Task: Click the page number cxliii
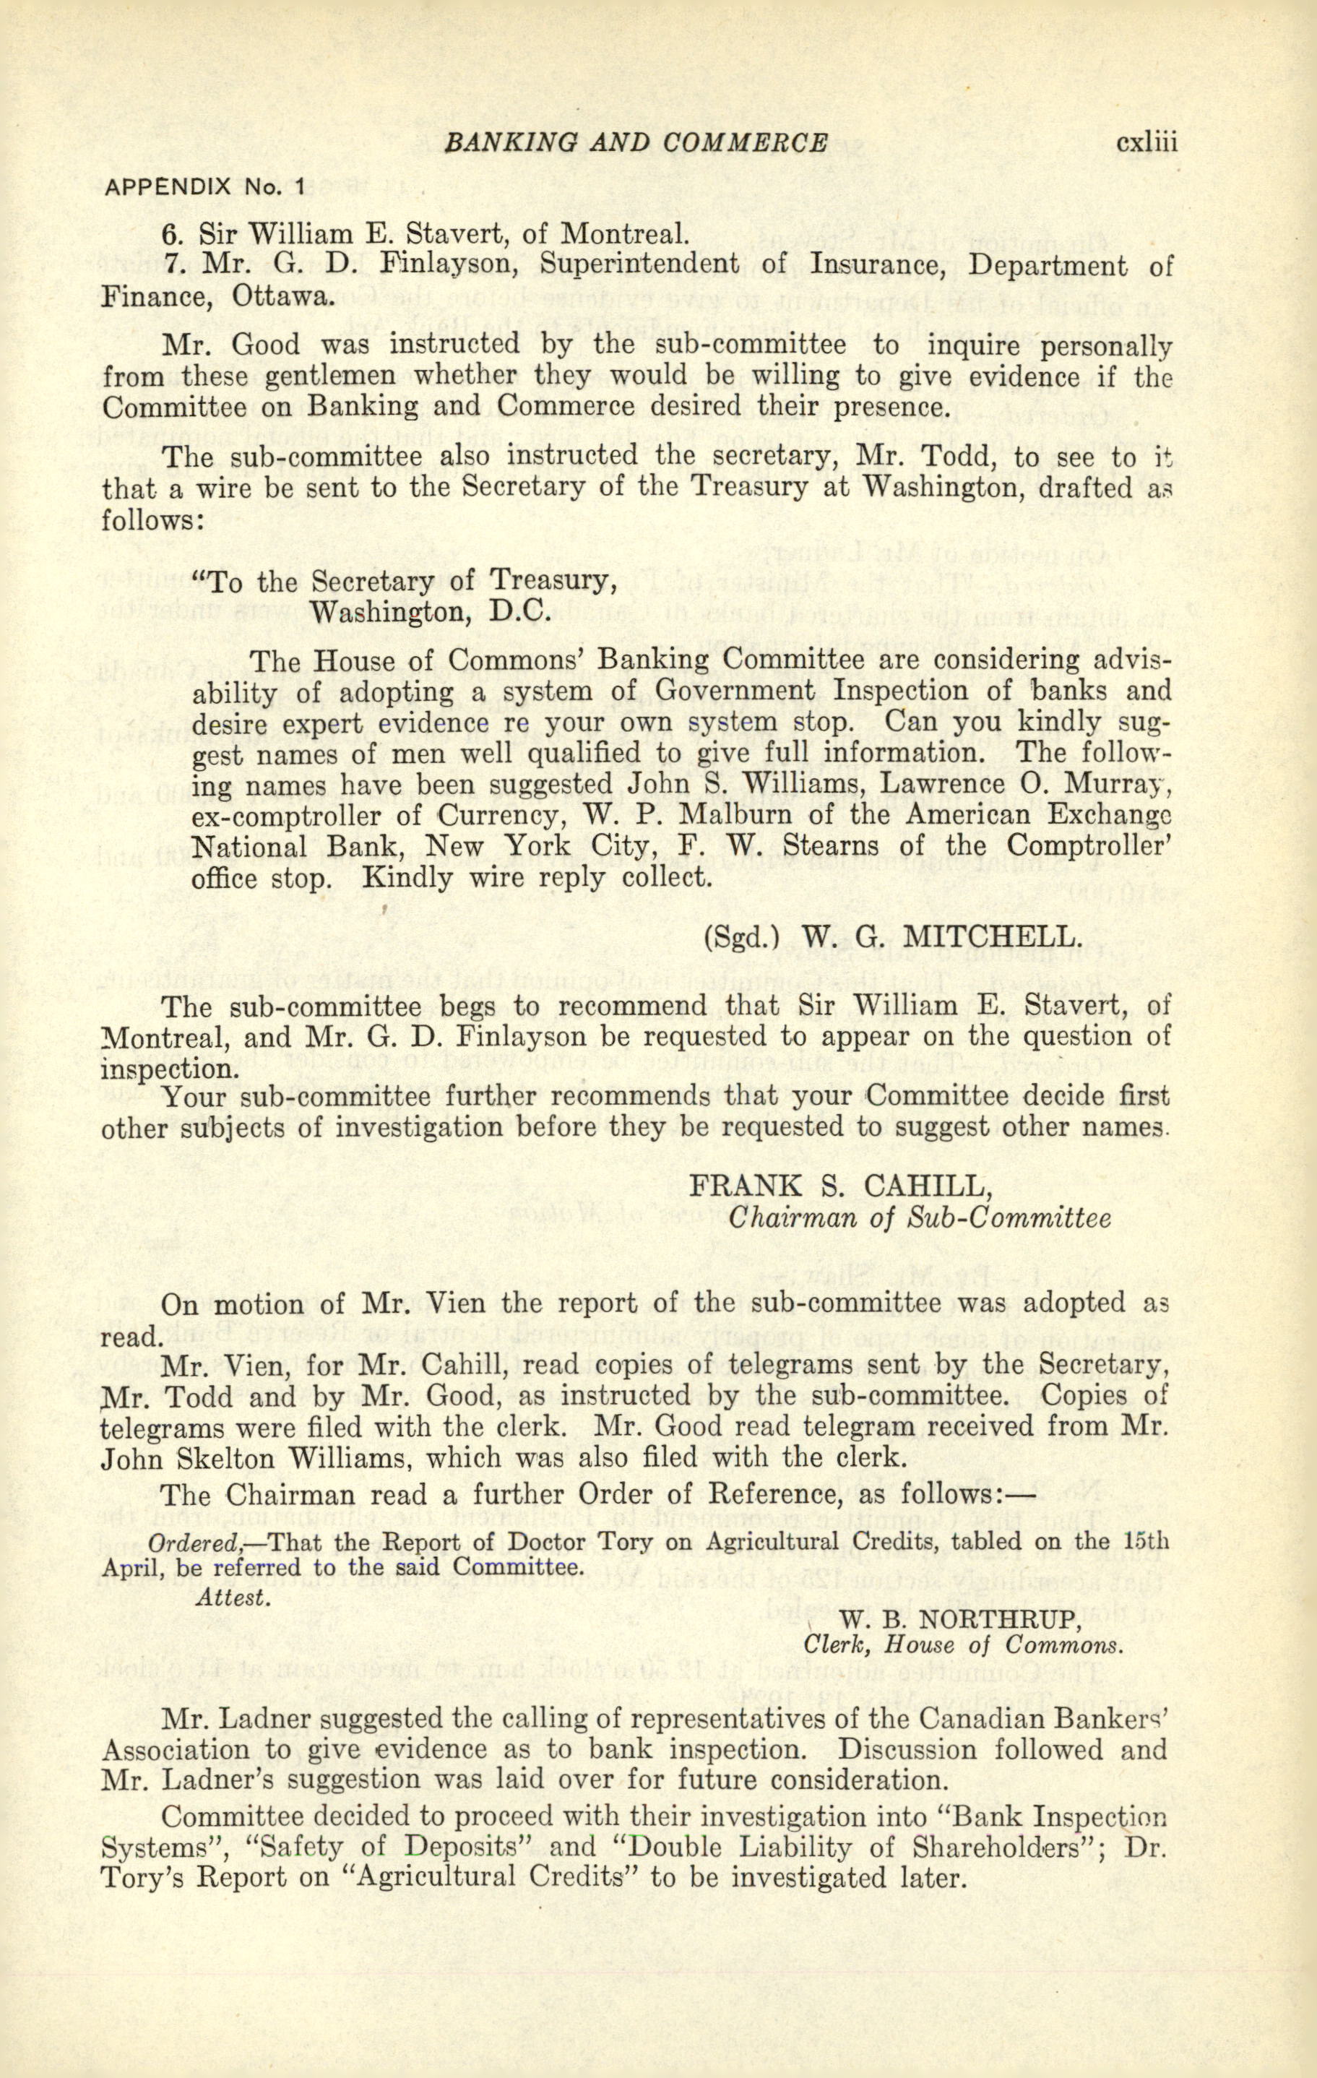[x=1147, y=142]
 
